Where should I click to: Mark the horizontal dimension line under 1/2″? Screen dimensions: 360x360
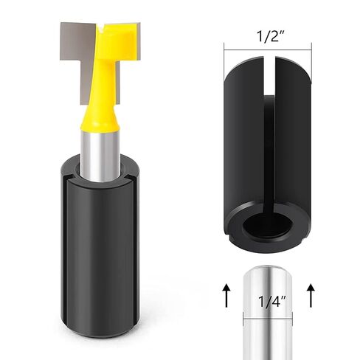click(x=266, y=50)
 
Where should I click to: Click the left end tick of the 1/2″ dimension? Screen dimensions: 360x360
click(x=224, y=50)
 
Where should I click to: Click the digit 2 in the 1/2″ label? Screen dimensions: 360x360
click(x=274, y=34)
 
